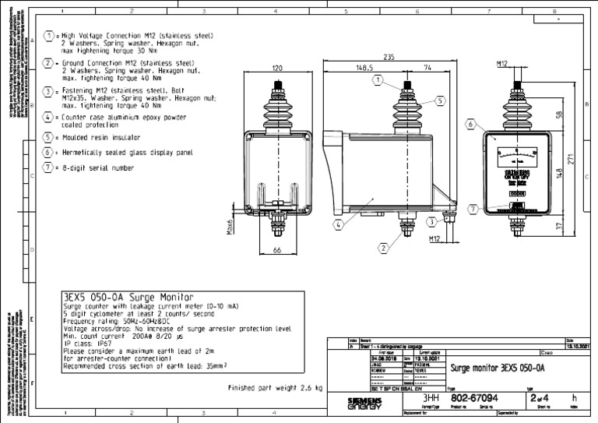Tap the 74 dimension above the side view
(428, 68)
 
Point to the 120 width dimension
(277, 69)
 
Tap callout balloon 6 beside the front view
(471, 123)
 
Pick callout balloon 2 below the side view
(383, 249)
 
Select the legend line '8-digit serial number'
(99, 167)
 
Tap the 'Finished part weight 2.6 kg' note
(274, 387)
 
